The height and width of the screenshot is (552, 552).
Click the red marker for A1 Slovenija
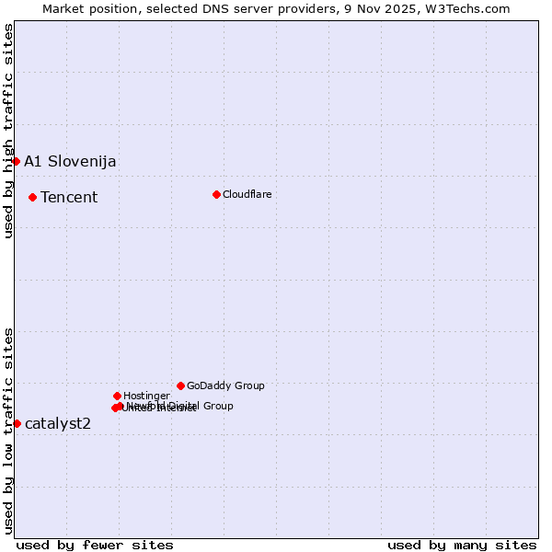pyautogui.click(x=16, y=161)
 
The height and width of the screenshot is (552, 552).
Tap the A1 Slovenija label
pyautogui.click(x=70, y=162)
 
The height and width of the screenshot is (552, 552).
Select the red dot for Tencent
pyautogui.click(x=32, y=197)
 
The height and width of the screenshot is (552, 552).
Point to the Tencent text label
pyautogui.click(x=69, y=198)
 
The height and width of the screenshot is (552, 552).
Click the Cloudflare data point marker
pyautogui.click(x=216, y=194)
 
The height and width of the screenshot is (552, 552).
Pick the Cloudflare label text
pyautogui.click(x=247, y=195)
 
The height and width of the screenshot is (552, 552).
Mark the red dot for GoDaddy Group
pyautogui.click(x=180, y=385)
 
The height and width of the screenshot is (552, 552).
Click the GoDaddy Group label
pyautogui.click(x=225, y=386)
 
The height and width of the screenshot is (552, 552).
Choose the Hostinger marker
pyautogui.click(x=117, y=396)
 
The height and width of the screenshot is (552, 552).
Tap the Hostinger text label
pyautogui.click(x=146, y=397)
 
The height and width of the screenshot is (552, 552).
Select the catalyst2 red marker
pyautogui.click(x=17, y=423)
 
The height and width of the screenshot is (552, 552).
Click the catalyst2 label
pyautogui.click(x=58, y=424)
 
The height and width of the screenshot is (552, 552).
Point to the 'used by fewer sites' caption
pyautogui.click(x=95, y=545)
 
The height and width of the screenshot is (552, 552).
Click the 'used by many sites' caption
pyautogui.click(x=462, y=545)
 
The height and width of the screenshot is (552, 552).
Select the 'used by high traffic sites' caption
pyautogui.click(x=8, y=131)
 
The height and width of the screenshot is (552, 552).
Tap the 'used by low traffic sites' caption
pyautogui.click(x=8, y=431)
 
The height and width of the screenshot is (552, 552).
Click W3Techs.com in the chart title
pyautogui.click(x=473, y=8)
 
